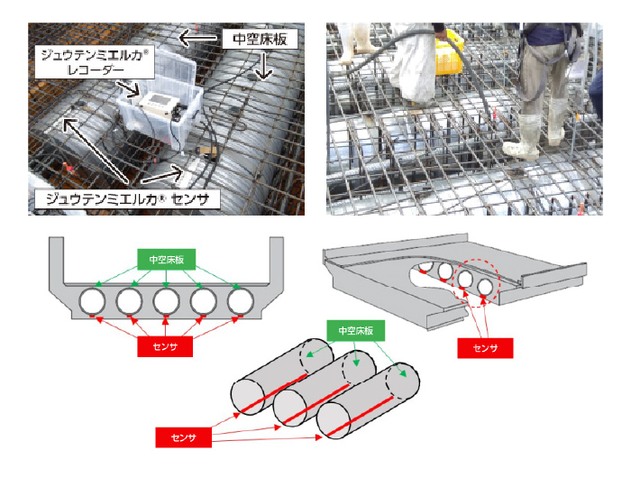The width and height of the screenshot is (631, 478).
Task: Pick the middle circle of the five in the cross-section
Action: [167, 300]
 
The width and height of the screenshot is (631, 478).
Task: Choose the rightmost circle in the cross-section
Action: [240, 300]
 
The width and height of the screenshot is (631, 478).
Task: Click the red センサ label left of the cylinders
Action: [183, 438]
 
